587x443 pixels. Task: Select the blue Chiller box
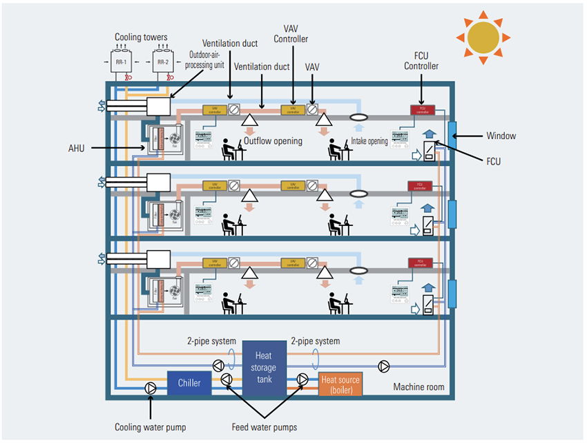click(189, 383)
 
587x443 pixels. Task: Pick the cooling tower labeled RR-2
click(163, 62)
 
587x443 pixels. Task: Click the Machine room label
click(418, 387)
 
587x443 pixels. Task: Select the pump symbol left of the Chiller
click(151, 388)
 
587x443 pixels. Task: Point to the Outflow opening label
click(273, 141)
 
